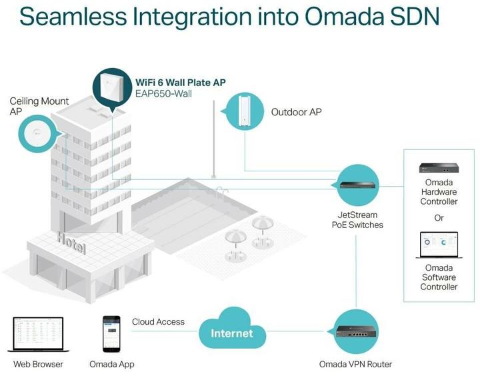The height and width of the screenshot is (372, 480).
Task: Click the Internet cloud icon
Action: pos(232,331)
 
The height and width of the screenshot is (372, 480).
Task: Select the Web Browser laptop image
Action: pos(38,335)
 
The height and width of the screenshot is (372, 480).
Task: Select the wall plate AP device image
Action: pos(112,87)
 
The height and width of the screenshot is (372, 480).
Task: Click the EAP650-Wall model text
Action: pos(164,94)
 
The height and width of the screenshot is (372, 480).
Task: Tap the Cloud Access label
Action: pos(158,322)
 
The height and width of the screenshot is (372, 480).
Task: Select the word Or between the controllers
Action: pos(439,218)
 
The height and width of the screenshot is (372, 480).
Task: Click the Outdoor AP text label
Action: pos(296,112)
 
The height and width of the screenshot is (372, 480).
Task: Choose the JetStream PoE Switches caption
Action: pos(357,220)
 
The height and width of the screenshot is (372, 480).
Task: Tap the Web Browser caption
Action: pos(39,364)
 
